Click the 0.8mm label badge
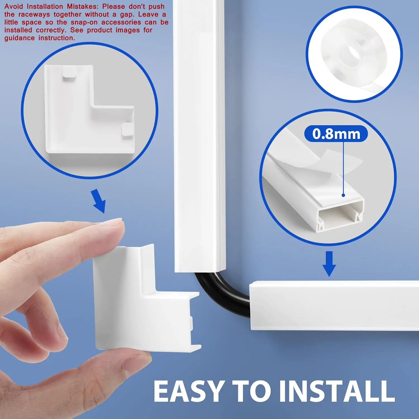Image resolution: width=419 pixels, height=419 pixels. tap(336, 134)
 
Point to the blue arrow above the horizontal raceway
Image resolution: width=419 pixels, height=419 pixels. tap(329, 263)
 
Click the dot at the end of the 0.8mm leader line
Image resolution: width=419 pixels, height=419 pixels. tap(343, 195)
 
